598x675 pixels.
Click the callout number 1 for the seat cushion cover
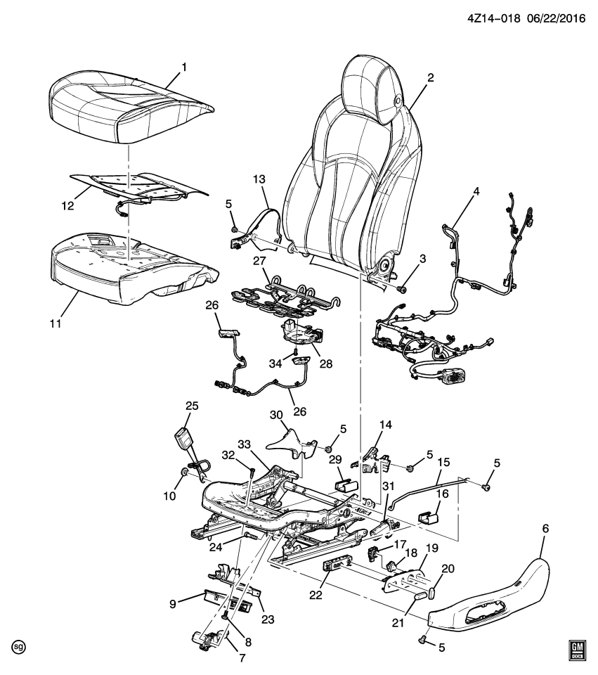(x=183, y=67)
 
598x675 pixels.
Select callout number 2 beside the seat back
(x=431, y=78)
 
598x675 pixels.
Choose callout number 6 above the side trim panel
(x=546, y=528)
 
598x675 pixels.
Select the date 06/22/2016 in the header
(x=551, y=21)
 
